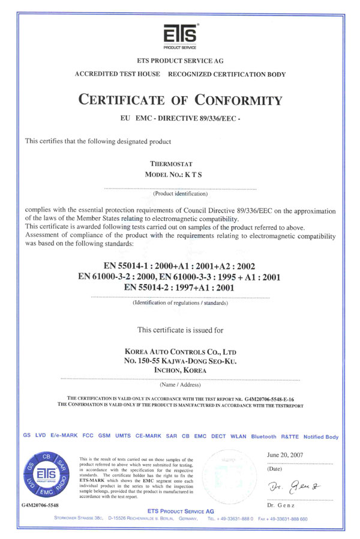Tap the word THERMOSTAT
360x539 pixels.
(180, 163)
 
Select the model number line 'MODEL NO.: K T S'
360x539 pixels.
(180, 173)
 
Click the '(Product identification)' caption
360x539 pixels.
(180, 194)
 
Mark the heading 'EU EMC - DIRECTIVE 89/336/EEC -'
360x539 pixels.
(180, 120)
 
